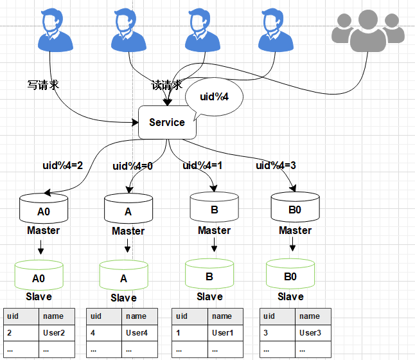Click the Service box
(167, 122)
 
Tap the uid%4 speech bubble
(214, 96)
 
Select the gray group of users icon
(368, 30)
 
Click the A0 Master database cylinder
(44, 208)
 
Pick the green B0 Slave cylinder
(290, 274)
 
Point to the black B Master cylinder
(215, 207)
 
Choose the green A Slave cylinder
(123, 275)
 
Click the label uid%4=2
(63, 166)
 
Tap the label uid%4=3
(276, 166)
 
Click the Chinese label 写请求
(43, 85)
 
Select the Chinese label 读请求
(167, 85)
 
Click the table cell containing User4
(140, 333)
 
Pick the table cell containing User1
(225, 333)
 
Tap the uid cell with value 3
(278, 333)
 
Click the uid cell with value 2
(21, 333)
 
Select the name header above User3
(313, 316)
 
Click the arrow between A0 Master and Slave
(40, 247)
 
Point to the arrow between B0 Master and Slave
(292, 244)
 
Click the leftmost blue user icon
(55, 30)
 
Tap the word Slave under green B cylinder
(209, 297)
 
